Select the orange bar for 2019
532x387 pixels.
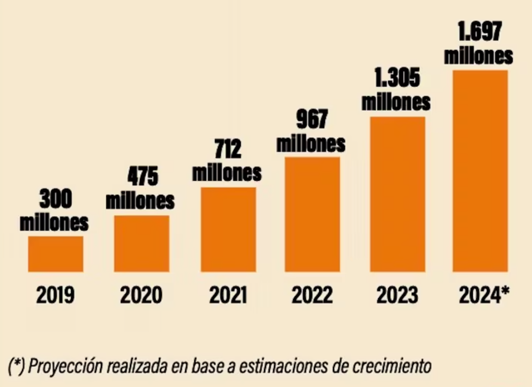(55, 254)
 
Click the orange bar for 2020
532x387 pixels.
(141, 244)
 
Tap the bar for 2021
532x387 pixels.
(228, 230)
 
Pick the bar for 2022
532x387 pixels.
(312, 214)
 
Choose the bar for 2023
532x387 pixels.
(398, 194)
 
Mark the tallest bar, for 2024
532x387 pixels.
(480, 171)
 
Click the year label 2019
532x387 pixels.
(55, 295)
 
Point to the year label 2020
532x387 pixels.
(141, 295)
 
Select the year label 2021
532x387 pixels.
(228, 295)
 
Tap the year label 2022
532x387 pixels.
(312, 295)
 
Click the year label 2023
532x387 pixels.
(397, 295)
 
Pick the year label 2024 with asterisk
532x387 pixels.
(484, 295)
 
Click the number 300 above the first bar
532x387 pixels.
(56, 199)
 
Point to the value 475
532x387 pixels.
(143, 176)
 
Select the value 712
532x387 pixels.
(228, 149)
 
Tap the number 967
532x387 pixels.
(312, 119)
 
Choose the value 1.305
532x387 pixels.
(397, 78)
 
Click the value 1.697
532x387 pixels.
(479, 31)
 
